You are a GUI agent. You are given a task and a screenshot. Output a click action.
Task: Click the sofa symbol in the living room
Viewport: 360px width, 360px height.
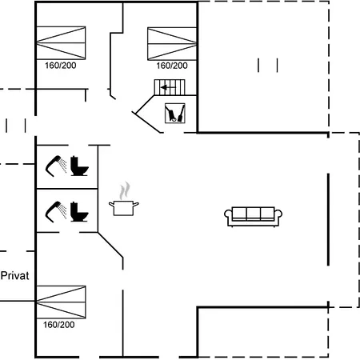[253, 217]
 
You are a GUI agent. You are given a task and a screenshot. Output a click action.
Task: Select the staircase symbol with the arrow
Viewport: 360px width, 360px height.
[170, 87]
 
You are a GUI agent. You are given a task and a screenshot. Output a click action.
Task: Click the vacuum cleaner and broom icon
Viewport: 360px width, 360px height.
[175, 113]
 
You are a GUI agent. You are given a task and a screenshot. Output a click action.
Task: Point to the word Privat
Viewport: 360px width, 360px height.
[15, 276]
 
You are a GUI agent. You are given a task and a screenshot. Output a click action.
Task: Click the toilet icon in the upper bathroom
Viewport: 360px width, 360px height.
[79, 166]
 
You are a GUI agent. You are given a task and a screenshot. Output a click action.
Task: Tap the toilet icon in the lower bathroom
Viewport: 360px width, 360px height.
[79, 212]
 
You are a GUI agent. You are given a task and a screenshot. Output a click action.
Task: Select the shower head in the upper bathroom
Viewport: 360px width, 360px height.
[56, 166]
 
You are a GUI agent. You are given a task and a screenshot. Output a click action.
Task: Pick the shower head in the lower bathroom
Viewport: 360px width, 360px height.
[56, 212]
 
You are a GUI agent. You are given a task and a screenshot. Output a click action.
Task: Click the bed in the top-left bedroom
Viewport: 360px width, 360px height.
[61, 43]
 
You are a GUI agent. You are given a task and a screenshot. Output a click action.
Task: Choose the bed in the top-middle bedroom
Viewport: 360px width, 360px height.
[172, 44]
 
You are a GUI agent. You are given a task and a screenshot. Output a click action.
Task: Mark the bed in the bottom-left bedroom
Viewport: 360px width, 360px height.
[61, 302]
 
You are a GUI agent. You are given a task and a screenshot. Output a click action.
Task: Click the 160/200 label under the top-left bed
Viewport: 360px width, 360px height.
[61, 66]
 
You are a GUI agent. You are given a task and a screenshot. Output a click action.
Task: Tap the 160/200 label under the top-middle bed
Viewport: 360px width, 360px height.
[172, 66]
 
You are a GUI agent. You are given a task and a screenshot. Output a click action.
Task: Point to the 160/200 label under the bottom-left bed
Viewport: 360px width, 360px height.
[59, 325]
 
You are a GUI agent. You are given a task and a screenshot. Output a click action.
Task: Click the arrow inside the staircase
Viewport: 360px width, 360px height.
[168, 87]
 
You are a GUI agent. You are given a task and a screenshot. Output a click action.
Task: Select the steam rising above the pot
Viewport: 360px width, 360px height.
[125, 190]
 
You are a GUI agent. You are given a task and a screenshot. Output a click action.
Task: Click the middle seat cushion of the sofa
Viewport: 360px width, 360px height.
[254, 214]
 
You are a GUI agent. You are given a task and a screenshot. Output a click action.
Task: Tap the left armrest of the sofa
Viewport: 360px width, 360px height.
[228, 218]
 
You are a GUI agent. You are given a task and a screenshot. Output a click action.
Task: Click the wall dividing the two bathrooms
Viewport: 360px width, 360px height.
[67, 189]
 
